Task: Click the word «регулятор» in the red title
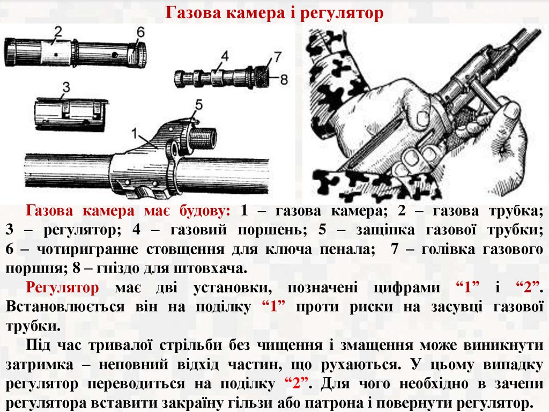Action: click(342, 13)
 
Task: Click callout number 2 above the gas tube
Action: click(58, 32)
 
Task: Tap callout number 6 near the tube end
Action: click(140, 32)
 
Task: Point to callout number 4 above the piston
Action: click(225, 56)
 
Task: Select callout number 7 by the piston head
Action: click(277, 56)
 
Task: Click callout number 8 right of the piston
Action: click(284, 79)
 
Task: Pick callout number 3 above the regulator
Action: click(66, 87)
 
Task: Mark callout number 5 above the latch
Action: click(198, 105)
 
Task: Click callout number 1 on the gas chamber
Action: click(135, 133)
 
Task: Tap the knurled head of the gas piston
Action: click(262, 76)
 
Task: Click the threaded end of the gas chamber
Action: click(203, 138)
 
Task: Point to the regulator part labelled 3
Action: click(70, 114)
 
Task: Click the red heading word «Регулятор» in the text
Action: click(63, 288)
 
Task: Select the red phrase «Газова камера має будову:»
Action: click(128, 211)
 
